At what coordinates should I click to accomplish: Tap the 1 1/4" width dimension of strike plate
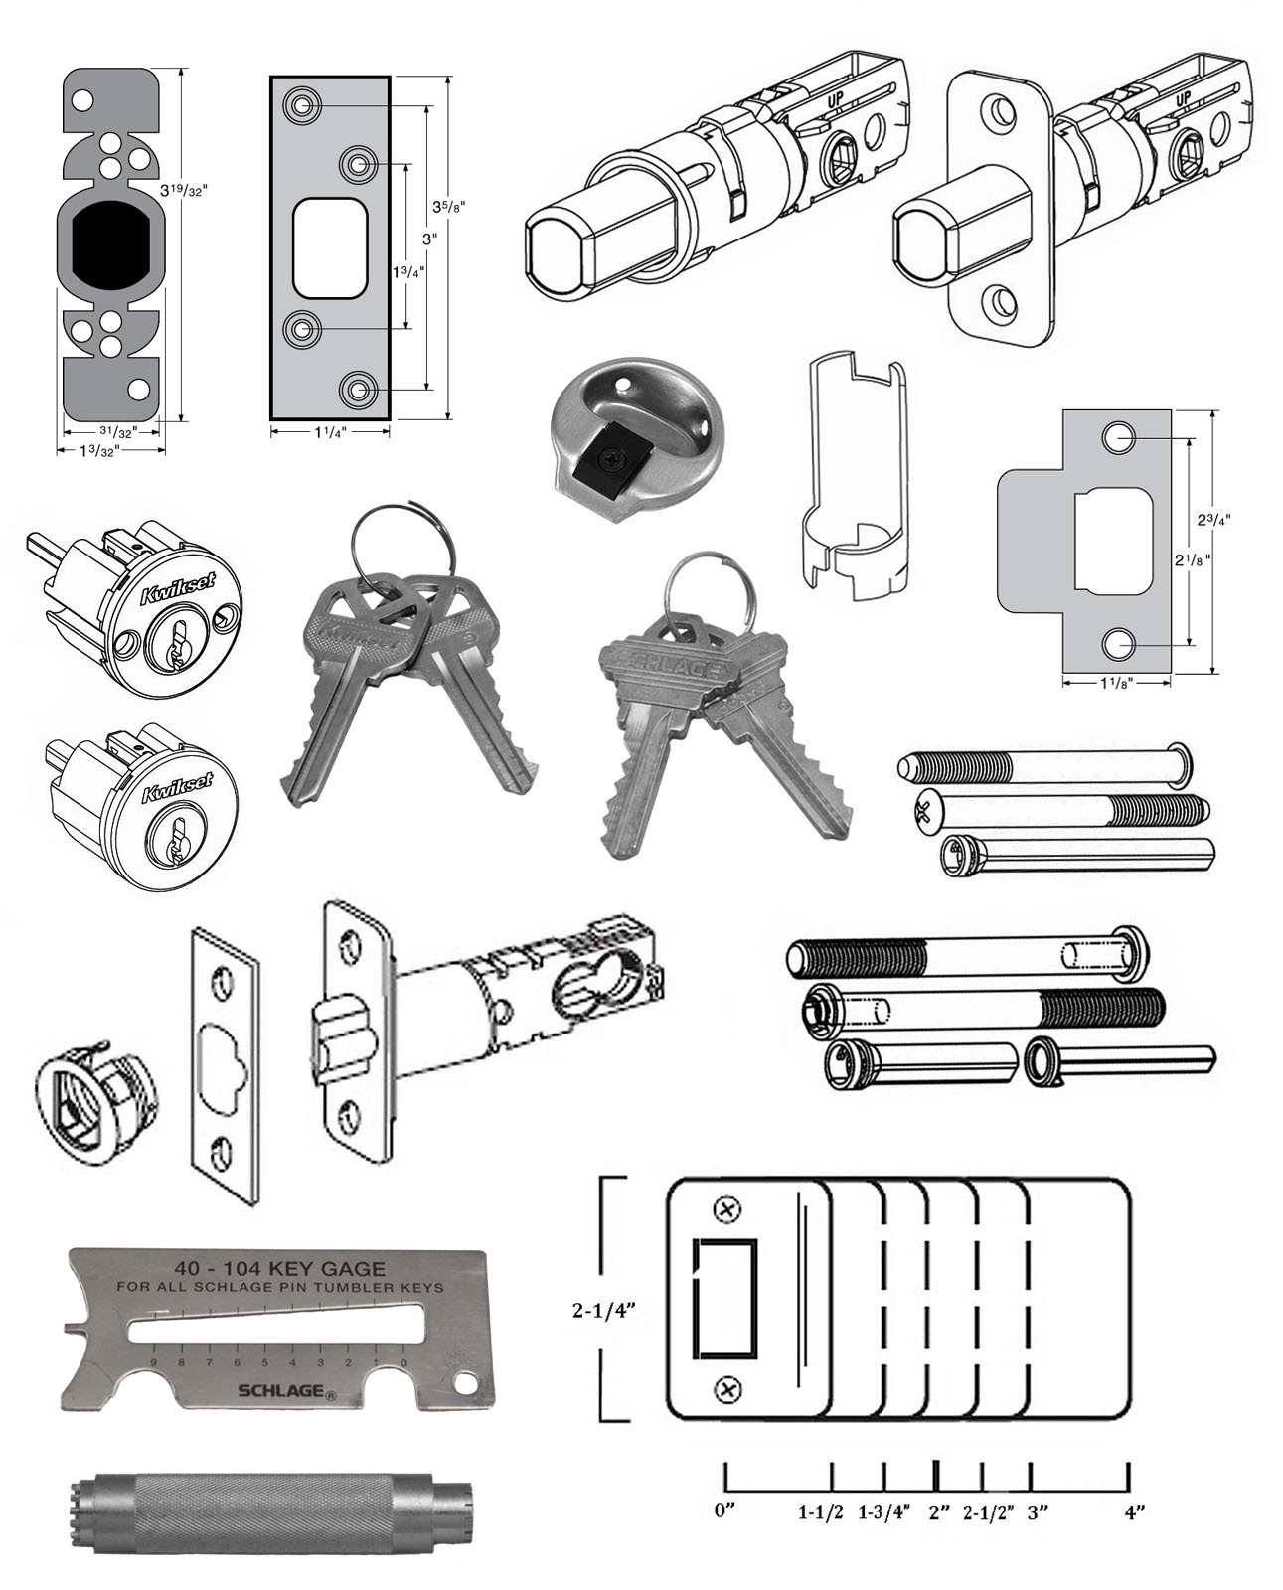coord(329,432)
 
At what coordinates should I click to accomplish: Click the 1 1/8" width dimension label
coord(1116,682)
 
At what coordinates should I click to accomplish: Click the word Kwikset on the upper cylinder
coord(171,593)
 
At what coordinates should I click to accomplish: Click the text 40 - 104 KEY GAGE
coord(279,1268)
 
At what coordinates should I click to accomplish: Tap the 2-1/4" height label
coord(603,1310)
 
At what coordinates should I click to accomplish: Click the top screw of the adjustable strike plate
coord(727,1210)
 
